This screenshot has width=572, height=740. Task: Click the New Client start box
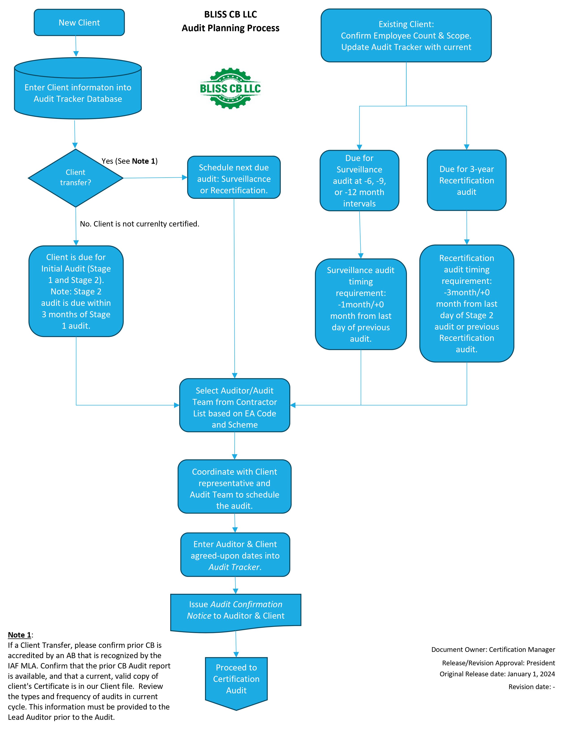coord(79,22)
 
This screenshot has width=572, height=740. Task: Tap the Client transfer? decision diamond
coord(76,178)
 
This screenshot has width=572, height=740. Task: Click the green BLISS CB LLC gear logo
coord(230,88)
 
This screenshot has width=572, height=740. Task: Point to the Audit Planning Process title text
coord(230,28)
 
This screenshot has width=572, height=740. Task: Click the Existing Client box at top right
coord(406,36)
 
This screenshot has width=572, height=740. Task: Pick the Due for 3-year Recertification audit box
coord(466,180)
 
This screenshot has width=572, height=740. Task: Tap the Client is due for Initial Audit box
coord(76,291)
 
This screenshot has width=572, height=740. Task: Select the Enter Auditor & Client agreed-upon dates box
coord(235,555)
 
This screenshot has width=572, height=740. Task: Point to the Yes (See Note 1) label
coord(129,161)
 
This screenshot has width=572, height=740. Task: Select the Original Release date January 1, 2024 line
coord(497,674)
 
